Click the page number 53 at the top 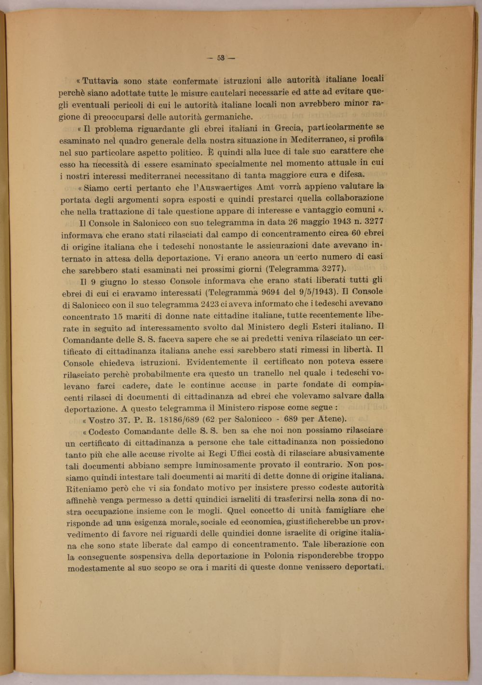coord(221,58)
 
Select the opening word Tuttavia coord(100,80)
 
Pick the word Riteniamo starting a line coord(85,488)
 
